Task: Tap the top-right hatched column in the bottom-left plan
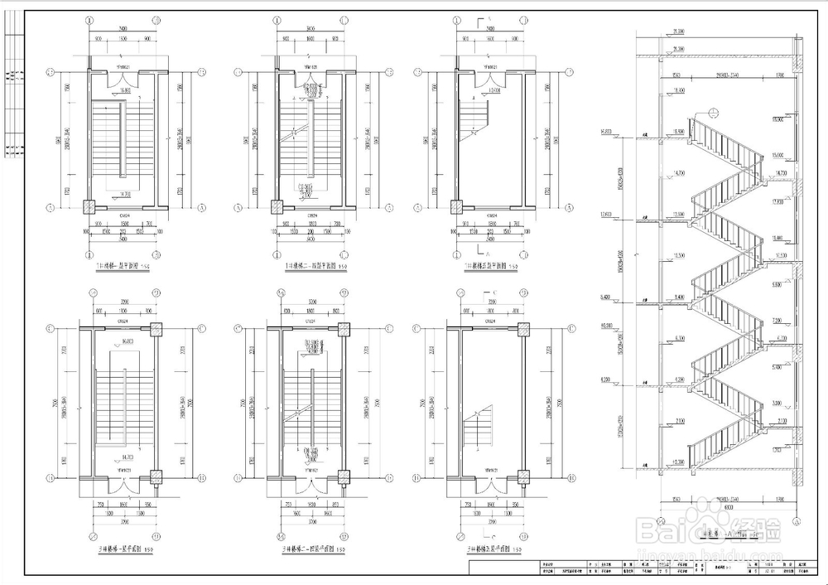coord(155,329)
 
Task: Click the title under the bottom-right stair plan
coord(493,549)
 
